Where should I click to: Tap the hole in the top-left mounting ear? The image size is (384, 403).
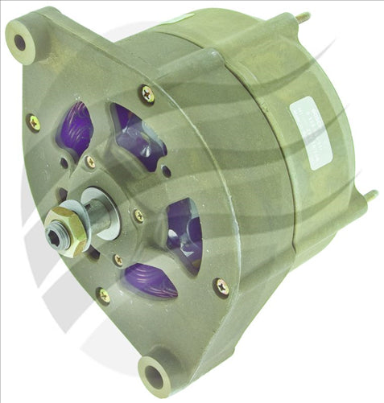coord(20,41)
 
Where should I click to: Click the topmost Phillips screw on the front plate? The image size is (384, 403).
coord(147,94)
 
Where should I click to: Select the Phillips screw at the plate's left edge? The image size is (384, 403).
coord(34,122)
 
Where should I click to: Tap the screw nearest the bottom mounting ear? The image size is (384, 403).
coord(104,295)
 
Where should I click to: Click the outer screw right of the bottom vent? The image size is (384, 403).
coord(220,286)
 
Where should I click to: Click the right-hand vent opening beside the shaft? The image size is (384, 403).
coord(184,234)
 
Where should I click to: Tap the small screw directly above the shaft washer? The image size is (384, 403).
coord(90,162)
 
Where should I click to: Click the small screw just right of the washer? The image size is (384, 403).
coord(138,216)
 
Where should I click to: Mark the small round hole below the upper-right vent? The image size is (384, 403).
coord(166,171)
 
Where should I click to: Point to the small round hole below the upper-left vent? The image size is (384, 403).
coord(64,163)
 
